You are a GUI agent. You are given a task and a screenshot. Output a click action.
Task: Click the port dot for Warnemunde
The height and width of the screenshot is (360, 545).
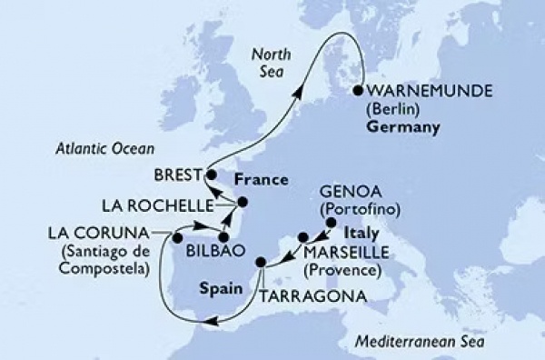359,91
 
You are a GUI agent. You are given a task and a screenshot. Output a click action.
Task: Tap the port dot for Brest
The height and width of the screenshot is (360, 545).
210,174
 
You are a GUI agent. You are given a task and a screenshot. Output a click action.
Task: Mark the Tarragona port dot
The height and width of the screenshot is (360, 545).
262,264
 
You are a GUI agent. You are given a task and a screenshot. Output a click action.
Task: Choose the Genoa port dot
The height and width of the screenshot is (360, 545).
332,223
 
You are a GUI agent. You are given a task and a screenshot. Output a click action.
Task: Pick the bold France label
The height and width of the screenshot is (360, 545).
254,179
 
